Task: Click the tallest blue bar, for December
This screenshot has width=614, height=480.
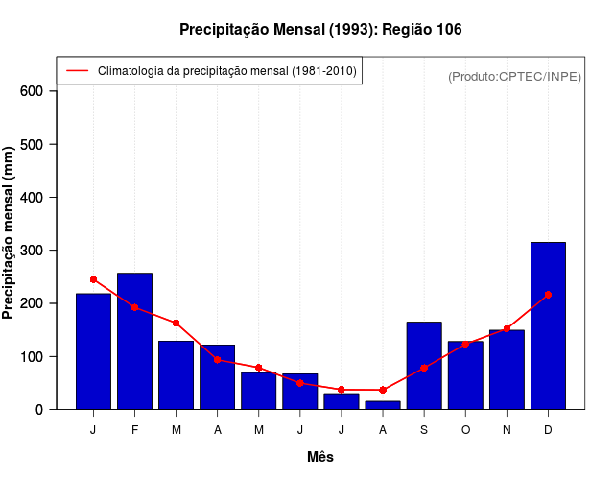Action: click(x=548, y=325)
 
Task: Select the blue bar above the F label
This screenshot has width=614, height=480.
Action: click(x=134, y=341)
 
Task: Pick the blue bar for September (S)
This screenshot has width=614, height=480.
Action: click(x=424, y=365)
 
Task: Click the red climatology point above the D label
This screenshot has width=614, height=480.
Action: click(x=548, y=295)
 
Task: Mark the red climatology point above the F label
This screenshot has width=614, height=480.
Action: click(x=134, y=307)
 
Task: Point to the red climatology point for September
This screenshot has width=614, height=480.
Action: click(x=424, y=368)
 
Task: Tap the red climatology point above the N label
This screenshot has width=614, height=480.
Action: click(x=507, y=328)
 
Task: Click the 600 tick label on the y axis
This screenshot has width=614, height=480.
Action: click(x=33, y=91)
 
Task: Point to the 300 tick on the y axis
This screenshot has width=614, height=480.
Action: click(x=33, y=251)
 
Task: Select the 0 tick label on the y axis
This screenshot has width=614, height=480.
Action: click(x=40, y=410)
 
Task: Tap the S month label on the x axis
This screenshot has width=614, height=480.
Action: click(x=424, y=430)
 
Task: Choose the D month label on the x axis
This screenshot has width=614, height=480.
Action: click(x=548, y=430)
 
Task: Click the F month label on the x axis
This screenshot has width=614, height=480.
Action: click(x=134, y=430)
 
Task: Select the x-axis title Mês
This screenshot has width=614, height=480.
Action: click(x=320, y=457)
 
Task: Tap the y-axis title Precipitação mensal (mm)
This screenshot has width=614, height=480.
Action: click(x=9, y=233)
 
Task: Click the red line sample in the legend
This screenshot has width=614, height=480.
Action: click(x=77, y=71)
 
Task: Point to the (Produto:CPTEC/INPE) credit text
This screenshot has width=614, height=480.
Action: click(x=514, y=76)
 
